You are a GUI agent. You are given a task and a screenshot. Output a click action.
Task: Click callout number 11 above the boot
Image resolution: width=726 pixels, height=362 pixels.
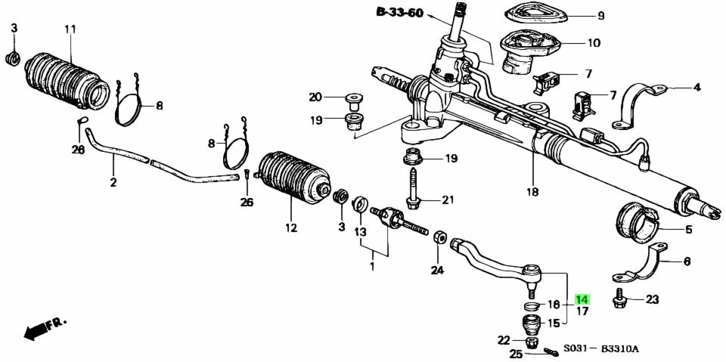coord(70,29)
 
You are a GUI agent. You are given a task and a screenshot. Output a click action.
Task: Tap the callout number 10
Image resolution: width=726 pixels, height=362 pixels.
coord(593,43)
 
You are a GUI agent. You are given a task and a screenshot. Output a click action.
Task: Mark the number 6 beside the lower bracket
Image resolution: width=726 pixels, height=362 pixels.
coord(687,261)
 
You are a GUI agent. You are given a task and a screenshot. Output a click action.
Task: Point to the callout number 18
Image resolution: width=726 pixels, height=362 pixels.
coord(532,192)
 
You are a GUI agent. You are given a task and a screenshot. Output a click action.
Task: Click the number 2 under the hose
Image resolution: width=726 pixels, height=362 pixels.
coord(113,182)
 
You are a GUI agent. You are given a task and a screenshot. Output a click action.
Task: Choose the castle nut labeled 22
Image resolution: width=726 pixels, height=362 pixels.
coord(532,342)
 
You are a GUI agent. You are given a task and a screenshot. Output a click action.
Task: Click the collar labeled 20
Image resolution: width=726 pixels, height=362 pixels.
coord(353,97)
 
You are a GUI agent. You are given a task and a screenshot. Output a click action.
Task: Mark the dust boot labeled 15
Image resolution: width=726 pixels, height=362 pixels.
coord(532,326)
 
